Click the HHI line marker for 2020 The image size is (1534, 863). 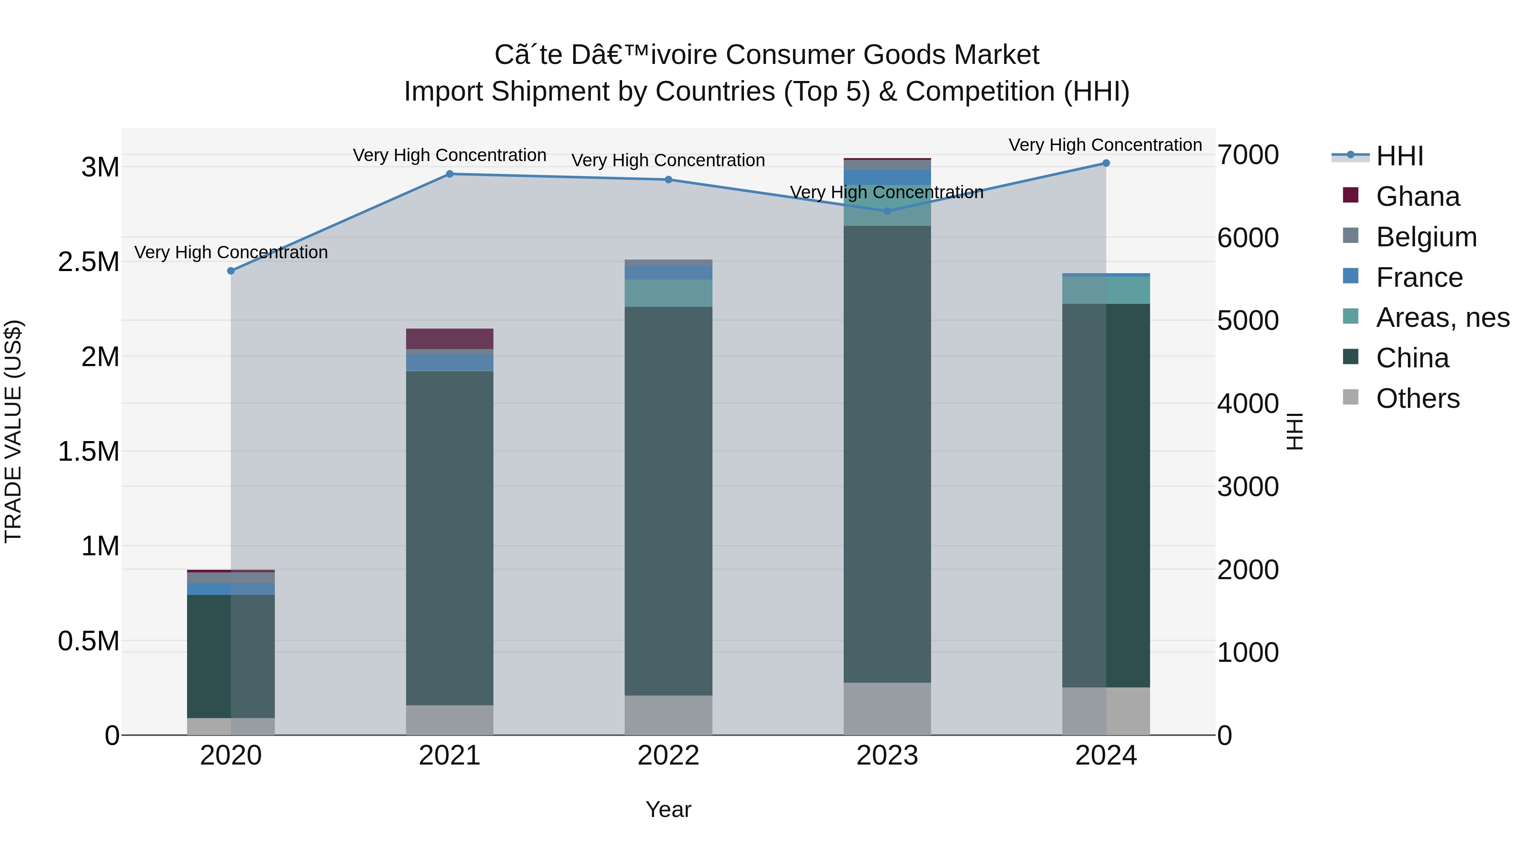(x=231, y=271)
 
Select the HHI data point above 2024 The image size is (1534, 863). (x=1106, y=163)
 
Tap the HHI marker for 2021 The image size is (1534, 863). (x=450, y=174)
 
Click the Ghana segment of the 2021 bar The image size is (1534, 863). (x=450, y=339)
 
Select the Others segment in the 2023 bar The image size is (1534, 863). (x=887, y=709)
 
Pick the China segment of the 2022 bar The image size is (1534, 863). (x=668, y=500)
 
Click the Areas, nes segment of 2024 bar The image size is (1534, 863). (x=1106, y=291)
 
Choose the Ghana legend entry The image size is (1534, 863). (x=1417, y=196)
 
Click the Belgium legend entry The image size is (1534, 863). (x=1426, y=237)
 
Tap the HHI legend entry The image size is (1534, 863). (x=1399, y=156)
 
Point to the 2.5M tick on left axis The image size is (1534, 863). (x=89, y=262)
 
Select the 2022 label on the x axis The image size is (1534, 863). (x=668, y=756)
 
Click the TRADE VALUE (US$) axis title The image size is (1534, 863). (x=13, y=431)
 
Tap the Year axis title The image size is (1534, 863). (x=668, y=809)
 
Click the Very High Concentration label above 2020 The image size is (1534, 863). (x=231, y=253)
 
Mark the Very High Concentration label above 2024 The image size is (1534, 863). (x=1105, y=145)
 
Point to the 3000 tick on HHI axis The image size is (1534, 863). (x=1248, y=487)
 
